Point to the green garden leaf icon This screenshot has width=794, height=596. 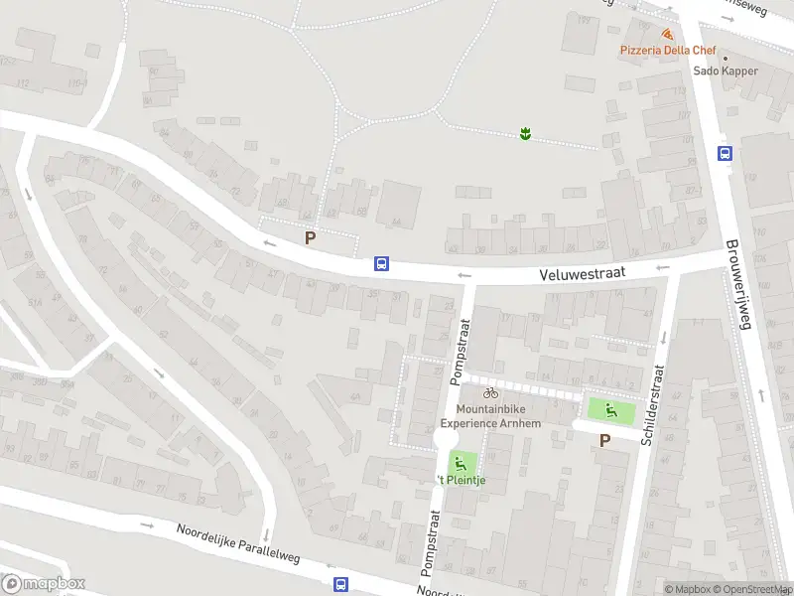coord(525,133)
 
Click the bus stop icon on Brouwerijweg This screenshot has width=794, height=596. coord(726,153)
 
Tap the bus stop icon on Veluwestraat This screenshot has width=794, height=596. coord(381,264)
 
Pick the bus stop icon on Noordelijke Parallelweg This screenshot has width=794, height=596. coord(340,584)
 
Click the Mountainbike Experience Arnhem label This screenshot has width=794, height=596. coord(491,416)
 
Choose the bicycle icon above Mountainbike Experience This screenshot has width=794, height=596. coord(490,393)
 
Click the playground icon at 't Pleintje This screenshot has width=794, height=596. coord(459,462)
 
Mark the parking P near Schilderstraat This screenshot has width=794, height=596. coord(604,440)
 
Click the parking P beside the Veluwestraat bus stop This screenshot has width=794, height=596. coord(311,238)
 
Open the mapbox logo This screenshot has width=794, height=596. coord(43,584)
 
